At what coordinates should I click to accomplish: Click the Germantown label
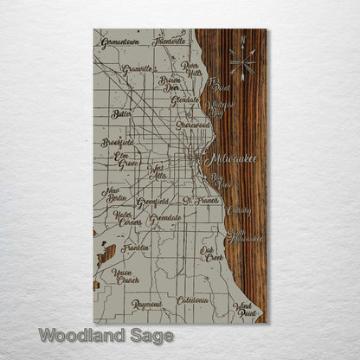(119, 42)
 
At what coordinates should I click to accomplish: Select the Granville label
(137, 69)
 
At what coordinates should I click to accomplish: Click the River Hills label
(190, 68)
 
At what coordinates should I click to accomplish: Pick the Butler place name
(121, 112)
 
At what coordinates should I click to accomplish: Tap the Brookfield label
(117, 141)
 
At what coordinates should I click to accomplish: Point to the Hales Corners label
(127, 217)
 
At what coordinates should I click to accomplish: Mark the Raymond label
(146, 305)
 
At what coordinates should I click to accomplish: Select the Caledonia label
(192, 299)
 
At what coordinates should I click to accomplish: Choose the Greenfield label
(153, 204)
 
